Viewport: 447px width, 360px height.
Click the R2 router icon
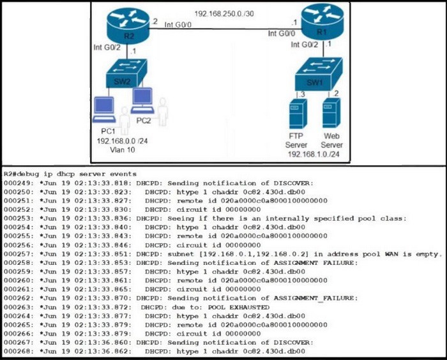coord(128,26)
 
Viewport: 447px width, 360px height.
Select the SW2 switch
coord(126,73)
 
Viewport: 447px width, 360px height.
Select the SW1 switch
coord(319,74)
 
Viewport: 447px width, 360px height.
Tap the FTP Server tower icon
coord(298,114)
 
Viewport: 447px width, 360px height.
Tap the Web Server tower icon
coord(331,113)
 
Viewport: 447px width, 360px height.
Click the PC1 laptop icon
coord(104,110)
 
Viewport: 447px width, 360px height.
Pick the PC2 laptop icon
coord(142,101)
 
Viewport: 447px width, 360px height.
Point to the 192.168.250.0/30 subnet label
coord(224,13)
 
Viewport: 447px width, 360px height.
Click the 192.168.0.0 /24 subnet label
coord(123,141)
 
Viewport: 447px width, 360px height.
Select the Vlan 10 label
coord(123,149)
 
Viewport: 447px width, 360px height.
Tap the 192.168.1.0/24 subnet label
coord(314,154)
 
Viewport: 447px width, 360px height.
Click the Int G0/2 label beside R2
coord(107,47)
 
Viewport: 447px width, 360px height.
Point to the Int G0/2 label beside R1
coord(305,45)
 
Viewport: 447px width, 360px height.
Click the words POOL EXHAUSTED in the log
coord(239,307)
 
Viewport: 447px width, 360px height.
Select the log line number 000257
coord(17,254)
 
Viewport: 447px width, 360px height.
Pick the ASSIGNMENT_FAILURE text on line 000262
coord(315,299)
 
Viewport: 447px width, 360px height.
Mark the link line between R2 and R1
coord(225,29)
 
